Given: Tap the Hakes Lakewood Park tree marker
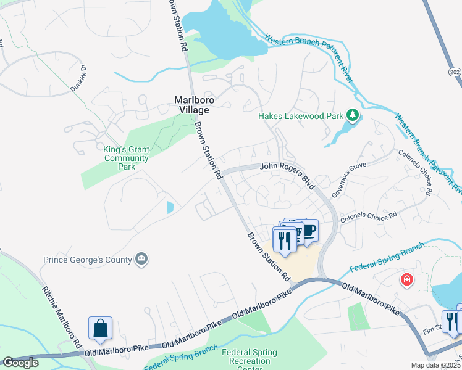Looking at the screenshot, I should tap(353, 115).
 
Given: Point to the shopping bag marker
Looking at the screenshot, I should tap(100, 329).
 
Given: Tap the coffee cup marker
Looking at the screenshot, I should tap(308, 231).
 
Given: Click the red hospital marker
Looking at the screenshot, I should tap(406, 280).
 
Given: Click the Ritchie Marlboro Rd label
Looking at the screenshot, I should tap(62, 315).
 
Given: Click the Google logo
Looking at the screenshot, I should tap(20, 363).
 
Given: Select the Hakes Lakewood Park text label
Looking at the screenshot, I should tap(300, 115).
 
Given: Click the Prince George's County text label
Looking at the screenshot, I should tap(88, 260).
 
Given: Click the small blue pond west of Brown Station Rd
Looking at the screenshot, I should tap(170, 208).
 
